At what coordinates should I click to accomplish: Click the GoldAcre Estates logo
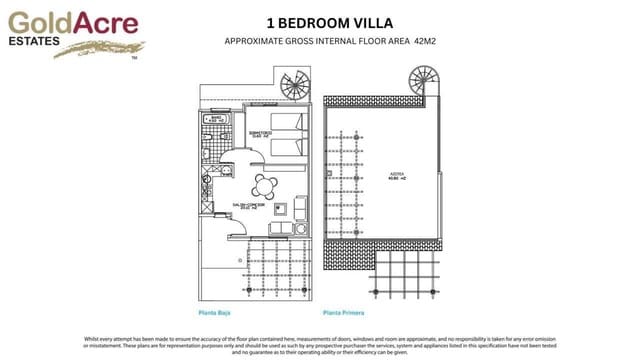[x=71, y=31]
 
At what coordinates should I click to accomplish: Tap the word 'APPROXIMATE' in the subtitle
[x=258, y=42]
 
